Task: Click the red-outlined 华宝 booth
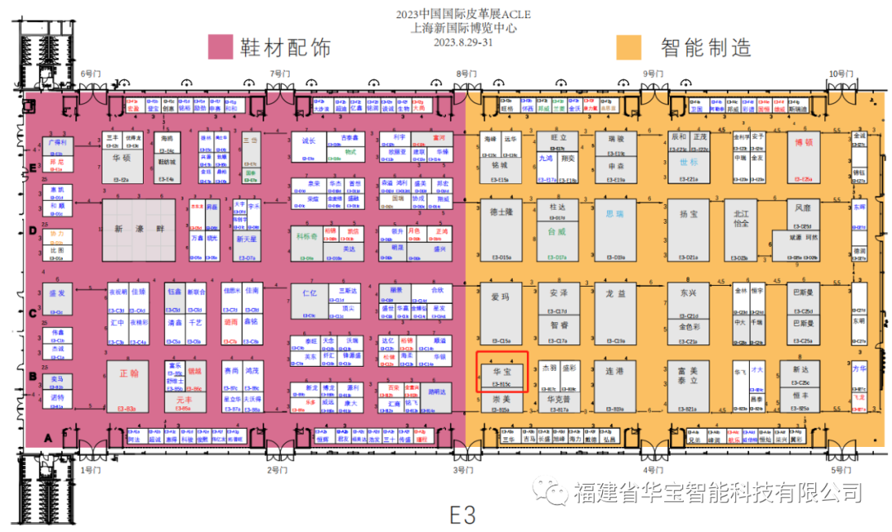click(x=502, y=371)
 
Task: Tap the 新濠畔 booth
click(x=139, y=230)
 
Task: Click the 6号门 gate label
click(x=88, y=74)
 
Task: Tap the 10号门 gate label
click(x=839, y=74)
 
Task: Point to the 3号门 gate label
click(x=462, y=470)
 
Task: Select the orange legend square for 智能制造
click(x=629, y=47)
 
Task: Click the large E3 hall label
click(x=463, y=515)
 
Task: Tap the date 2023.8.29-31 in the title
click(x=463, y=41)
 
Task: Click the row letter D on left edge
click(x=33, y=230)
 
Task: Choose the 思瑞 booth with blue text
click(x=615, y=213)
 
